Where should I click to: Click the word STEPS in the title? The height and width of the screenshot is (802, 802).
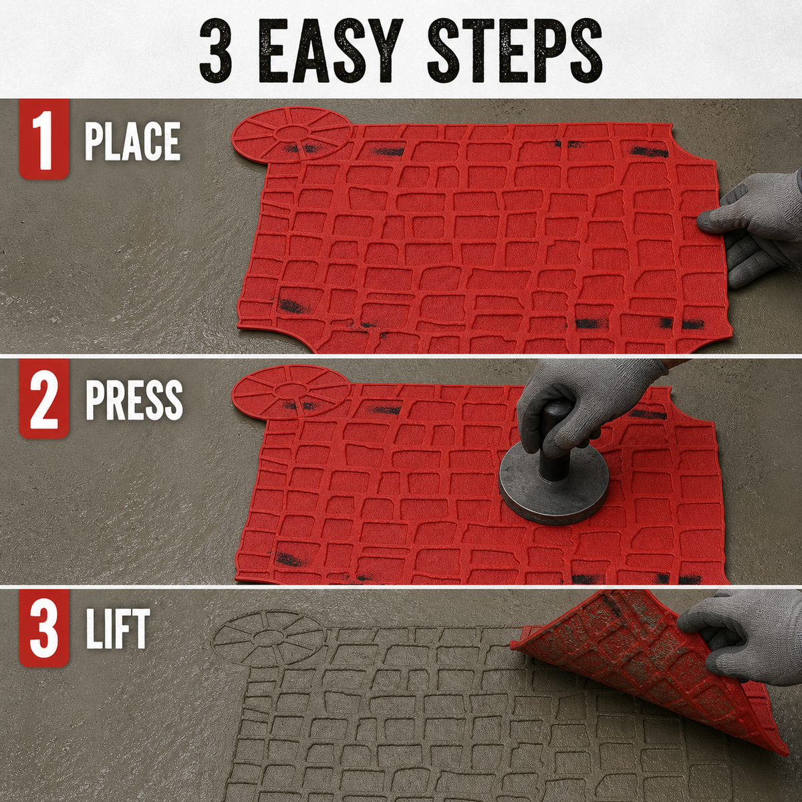(x=515, y=50)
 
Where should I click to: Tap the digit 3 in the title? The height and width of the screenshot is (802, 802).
(x=215, y=50)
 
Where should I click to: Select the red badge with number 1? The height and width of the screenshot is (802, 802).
(x=43, y=140)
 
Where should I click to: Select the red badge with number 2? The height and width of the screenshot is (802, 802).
(x=43, y=398)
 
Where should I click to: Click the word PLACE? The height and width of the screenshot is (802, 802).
(x=132, y=142)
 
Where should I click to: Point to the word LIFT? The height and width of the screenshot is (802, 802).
(x=118, y=629)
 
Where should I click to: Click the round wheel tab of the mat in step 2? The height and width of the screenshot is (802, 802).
(x=291, y=391)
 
